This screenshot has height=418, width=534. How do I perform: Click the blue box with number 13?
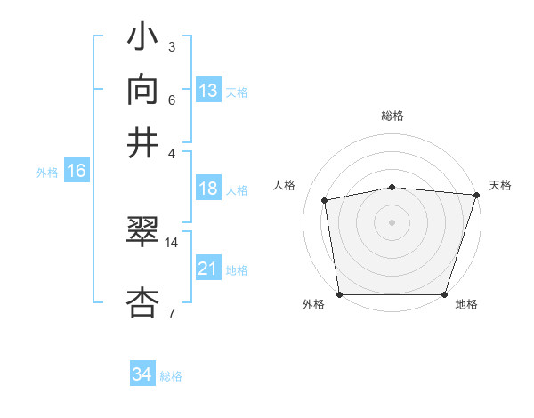click(x=208, y=90)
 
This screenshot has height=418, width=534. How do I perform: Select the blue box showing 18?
click(x=208, y=189)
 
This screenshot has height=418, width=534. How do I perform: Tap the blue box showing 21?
click(x=208, y=269)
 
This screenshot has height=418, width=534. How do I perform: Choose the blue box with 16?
click(x=77, y=172)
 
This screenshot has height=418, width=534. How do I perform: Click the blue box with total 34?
click(x=142, y=374)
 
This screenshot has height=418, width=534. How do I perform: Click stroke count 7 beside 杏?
click(x=171, y=313)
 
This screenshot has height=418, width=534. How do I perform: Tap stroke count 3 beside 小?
click(x=171, y=46)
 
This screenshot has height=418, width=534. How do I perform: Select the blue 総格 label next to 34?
click(x=171, y=376)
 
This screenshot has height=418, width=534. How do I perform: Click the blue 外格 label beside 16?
click(x=47, y=173)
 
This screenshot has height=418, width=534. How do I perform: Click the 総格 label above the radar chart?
click(x=392, y=116)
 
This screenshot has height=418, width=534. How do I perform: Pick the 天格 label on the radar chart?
click(x=500, y=185)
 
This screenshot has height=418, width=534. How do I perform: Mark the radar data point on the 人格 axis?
click(x=325, y=200)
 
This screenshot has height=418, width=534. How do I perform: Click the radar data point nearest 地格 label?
click(x=444, y=294)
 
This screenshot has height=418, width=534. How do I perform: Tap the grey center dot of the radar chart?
click(x=392, y=221)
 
